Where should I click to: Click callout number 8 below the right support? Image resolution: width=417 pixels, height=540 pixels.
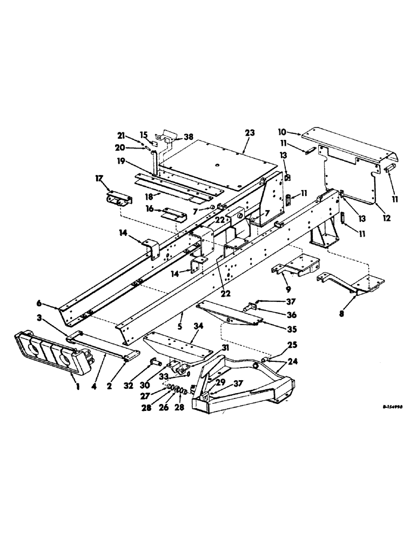[340, 313]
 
